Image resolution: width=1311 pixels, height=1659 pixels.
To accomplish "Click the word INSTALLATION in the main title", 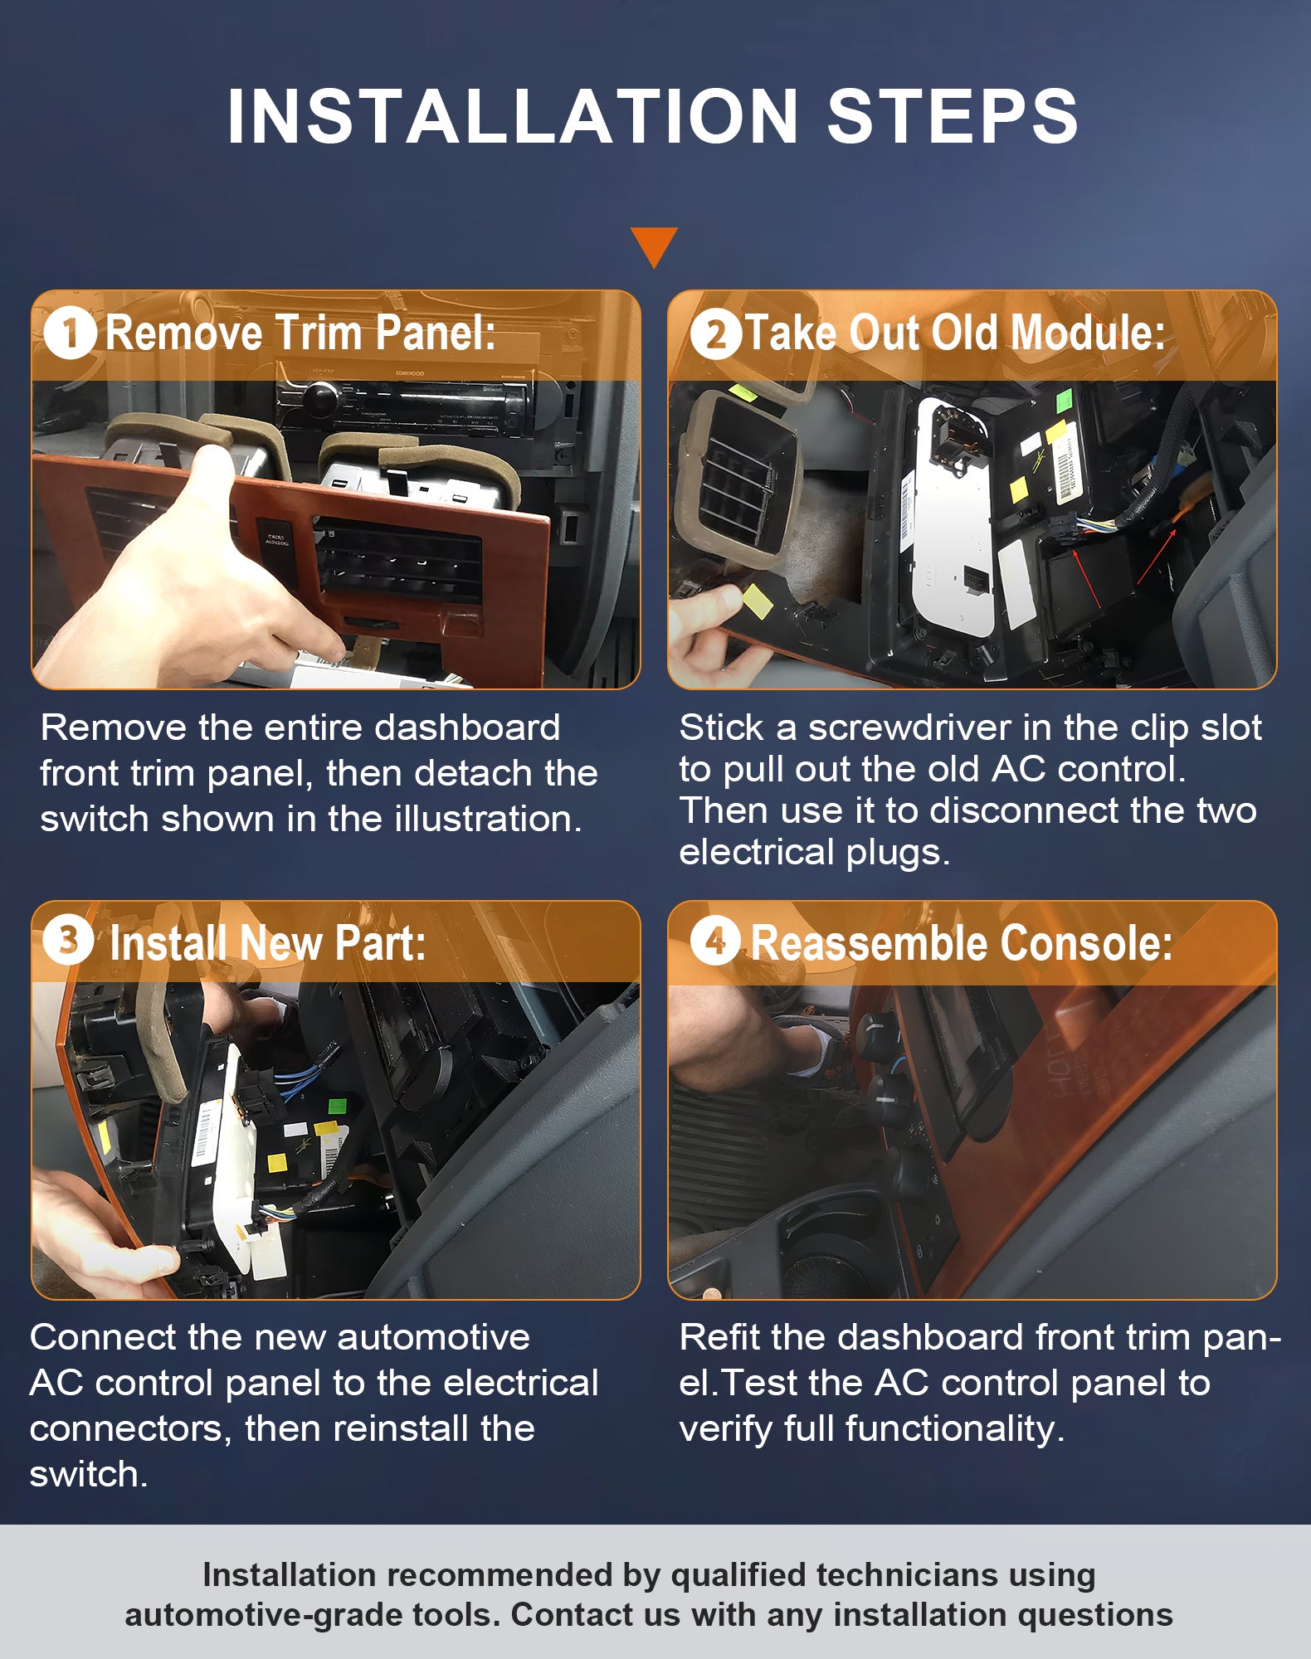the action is [x=513, y=115].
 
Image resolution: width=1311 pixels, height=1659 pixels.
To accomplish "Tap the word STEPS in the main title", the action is [x=953, y=115].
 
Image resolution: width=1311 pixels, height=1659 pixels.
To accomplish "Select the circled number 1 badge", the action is [x=71, y=333].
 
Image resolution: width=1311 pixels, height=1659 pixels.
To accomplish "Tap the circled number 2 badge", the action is [x=716, y=333].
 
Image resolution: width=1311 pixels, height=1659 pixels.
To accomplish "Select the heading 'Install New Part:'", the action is [x=267, y=943].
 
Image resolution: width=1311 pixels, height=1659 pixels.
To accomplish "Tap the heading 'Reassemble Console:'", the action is [x=962, y=943].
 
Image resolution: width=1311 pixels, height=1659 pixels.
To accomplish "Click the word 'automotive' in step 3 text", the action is [x=433, y=1337].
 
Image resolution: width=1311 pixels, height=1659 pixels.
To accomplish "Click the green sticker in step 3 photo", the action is [x=337, y=1106].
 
